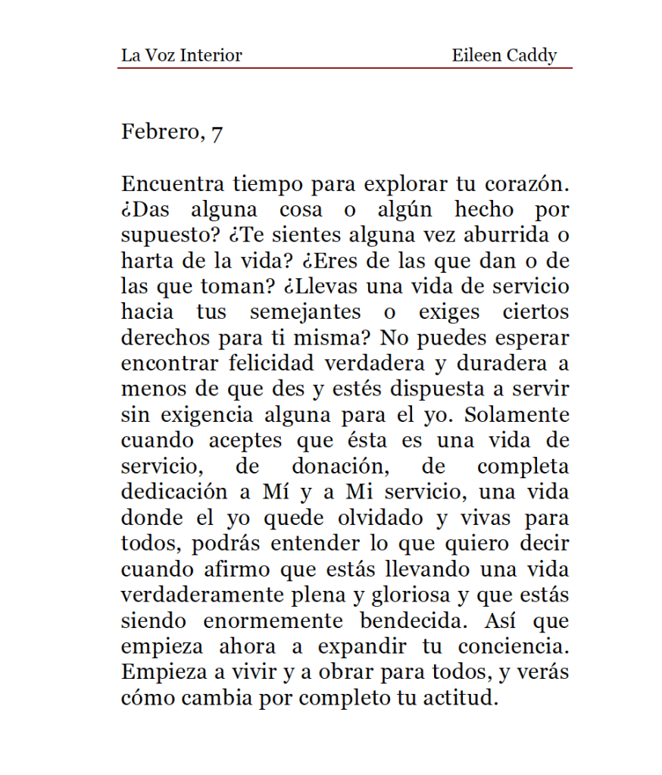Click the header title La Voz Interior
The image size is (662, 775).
pyautogui.click(x=181, y=55)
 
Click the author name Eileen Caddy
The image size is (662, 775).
pyautogui.click(x=504, y=55)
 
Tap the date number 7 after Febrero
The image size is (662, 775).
pyautogui.click(x=217, y=133)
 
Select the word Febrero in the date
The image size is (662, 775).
pyautogui.click(x=159, y=132)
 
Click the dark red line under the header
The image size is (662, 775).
pyautogui.click(x=345, y=69)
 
